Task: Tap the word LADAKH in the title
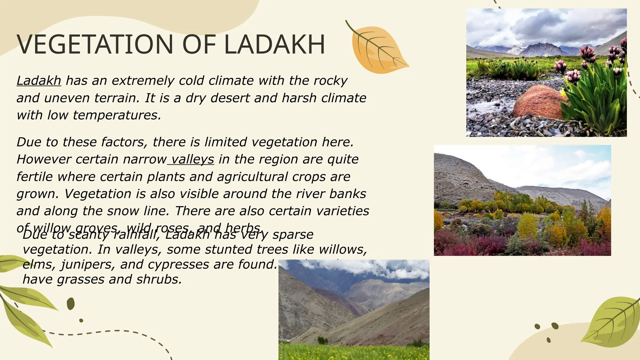(x=274, y=44)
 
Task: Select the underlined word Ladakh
(x=39, y=81)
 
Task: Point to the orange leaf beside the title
(x=376, y=50)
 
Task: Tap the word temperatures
(x=117, y=115)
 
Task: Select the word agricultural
(x=252, y=177)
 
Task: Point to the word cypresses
(x=179, y=265)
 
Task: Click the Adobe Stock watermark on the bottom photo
(x=282, y=342)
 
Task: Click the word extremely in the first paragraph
(x=143, y=81)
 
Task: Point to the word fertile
(x=34, y=177)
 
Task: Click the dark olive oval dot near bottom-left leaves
(x=71, y=304)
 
